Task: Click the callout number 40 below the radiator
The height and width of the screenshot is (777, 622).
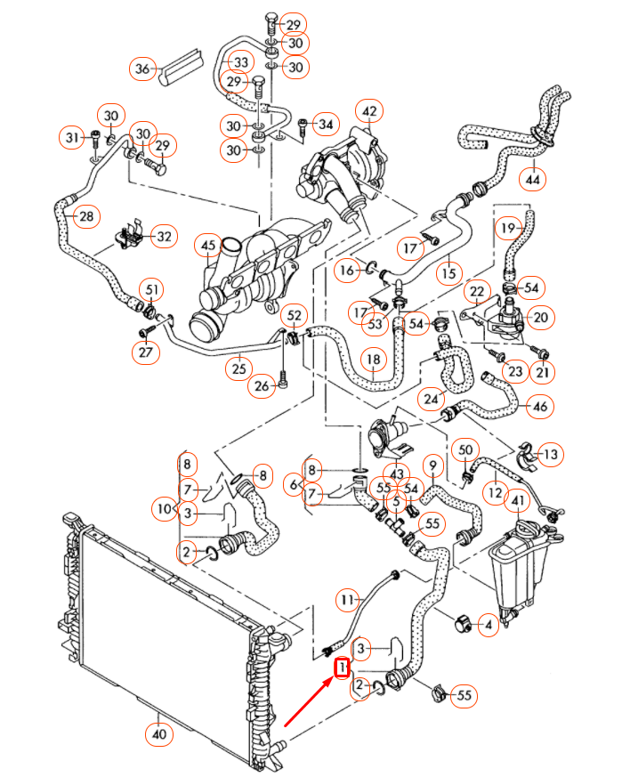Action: tap(158, 734)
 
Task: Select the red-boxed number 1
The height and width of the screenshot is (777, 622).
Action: tap(339, 667)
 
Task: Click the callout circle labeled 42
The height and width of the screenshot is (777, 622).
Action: tap(368, 112)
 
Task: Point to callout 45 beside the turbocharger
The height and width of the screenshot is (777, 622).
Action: tap(208, 246)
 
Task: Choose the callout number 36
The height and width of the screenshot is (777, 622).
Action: tap(143, 68)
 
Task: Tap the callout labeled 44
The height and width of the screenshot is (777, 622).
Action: tap(532, 179)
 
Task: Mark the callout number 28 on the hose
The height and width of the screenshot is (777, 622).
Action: tap(86, 216)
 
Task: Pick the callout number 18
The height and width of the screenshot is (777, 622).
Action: tap(374, 360)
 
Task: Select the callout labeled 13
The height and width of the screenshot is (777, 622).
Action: tap(551, 455)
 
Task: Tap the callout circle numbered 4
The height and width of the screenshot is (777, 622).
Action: tap(487, 627)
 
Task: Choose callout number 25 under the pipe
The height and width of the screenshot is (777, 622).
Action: tap(238, 368)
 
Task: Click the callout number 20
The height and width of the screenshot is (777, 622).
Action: tap(540, 317)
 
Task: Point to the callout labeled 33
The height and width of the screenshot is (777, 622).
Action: tap(238, 61)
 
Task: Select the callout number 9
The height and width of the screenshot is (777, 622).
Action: tap(432, 465)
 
